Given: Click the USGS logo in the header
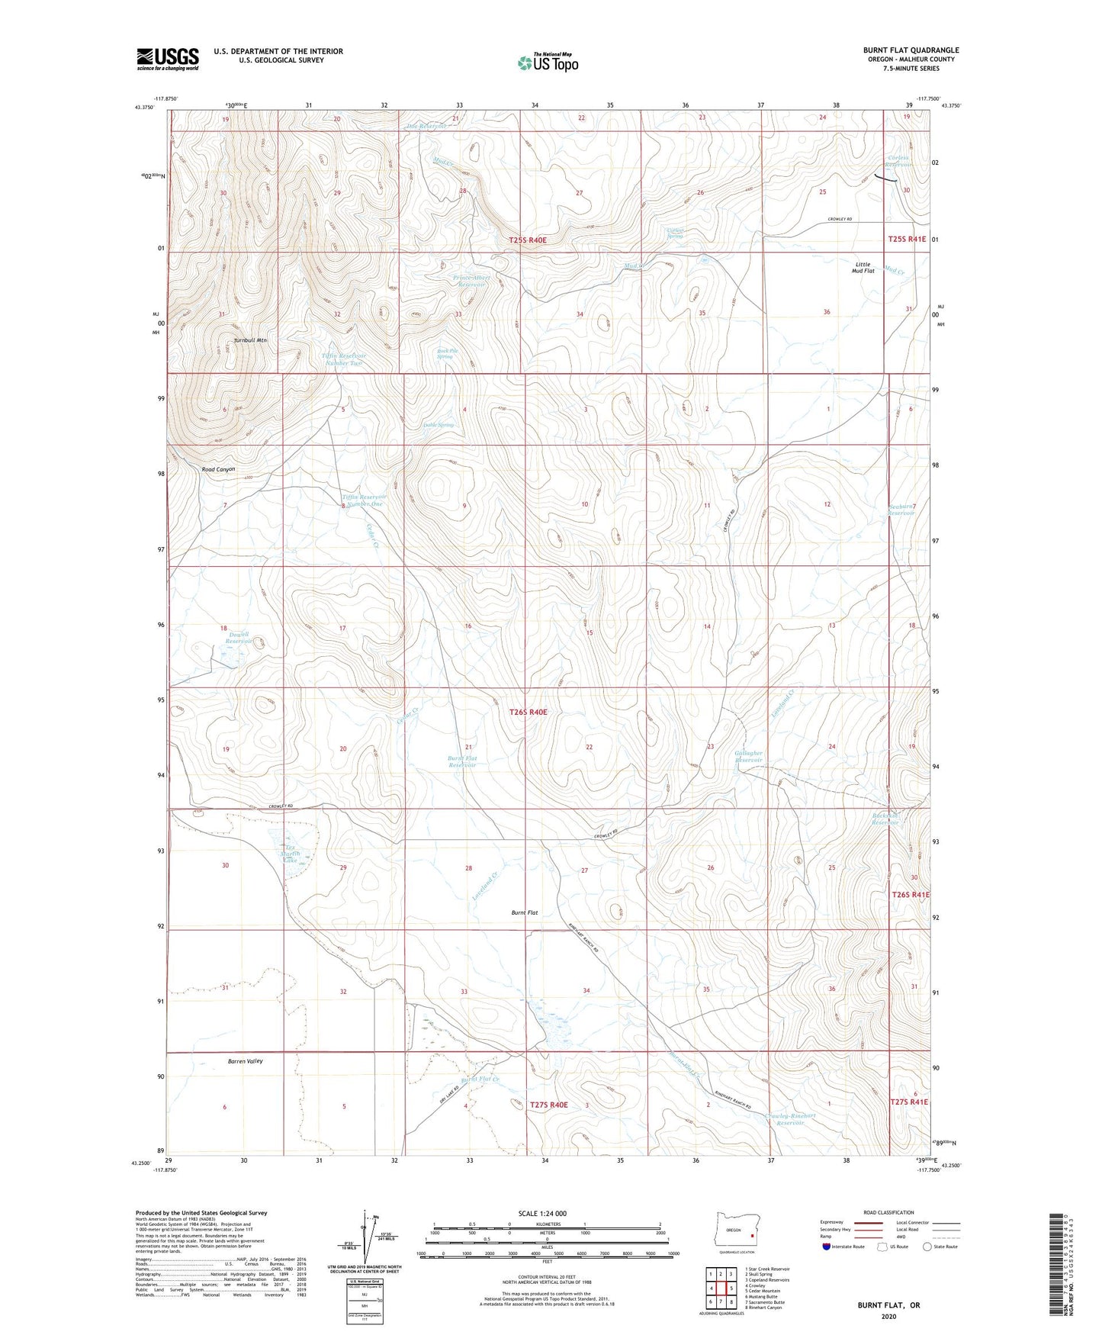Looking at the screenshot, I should (x=168, y=59).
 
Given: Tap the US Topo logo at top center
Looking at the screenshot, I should (x=548, y=62).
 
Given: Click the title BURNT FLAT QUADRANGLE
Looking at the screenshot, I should (x=911, y=50).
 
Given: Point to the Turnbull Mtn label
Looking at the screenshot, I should (x=250, y=340).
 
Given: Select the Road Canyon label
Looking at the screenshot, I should (x=218, y=470).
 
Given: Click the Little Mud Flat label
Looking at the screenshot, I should (x=863, y=268).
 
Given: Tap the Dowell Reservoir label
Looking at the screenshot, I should (x=239, y=638).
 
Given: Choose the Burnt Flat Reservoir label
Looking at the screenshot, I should (x=462, y=761).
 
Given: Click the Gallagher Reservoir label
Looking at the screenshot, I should (x=748, y=757).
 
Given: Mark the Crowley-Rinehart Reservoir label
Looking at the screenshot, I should (x=790, y=1119).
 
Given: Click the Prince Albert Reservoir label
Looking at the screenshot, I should (x=470, y=281).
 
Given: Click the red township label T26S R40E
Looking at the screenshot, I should (x=528, y=712).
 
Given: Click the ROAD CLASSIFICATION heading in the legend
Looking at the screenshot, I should (x=888, y=1212).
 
